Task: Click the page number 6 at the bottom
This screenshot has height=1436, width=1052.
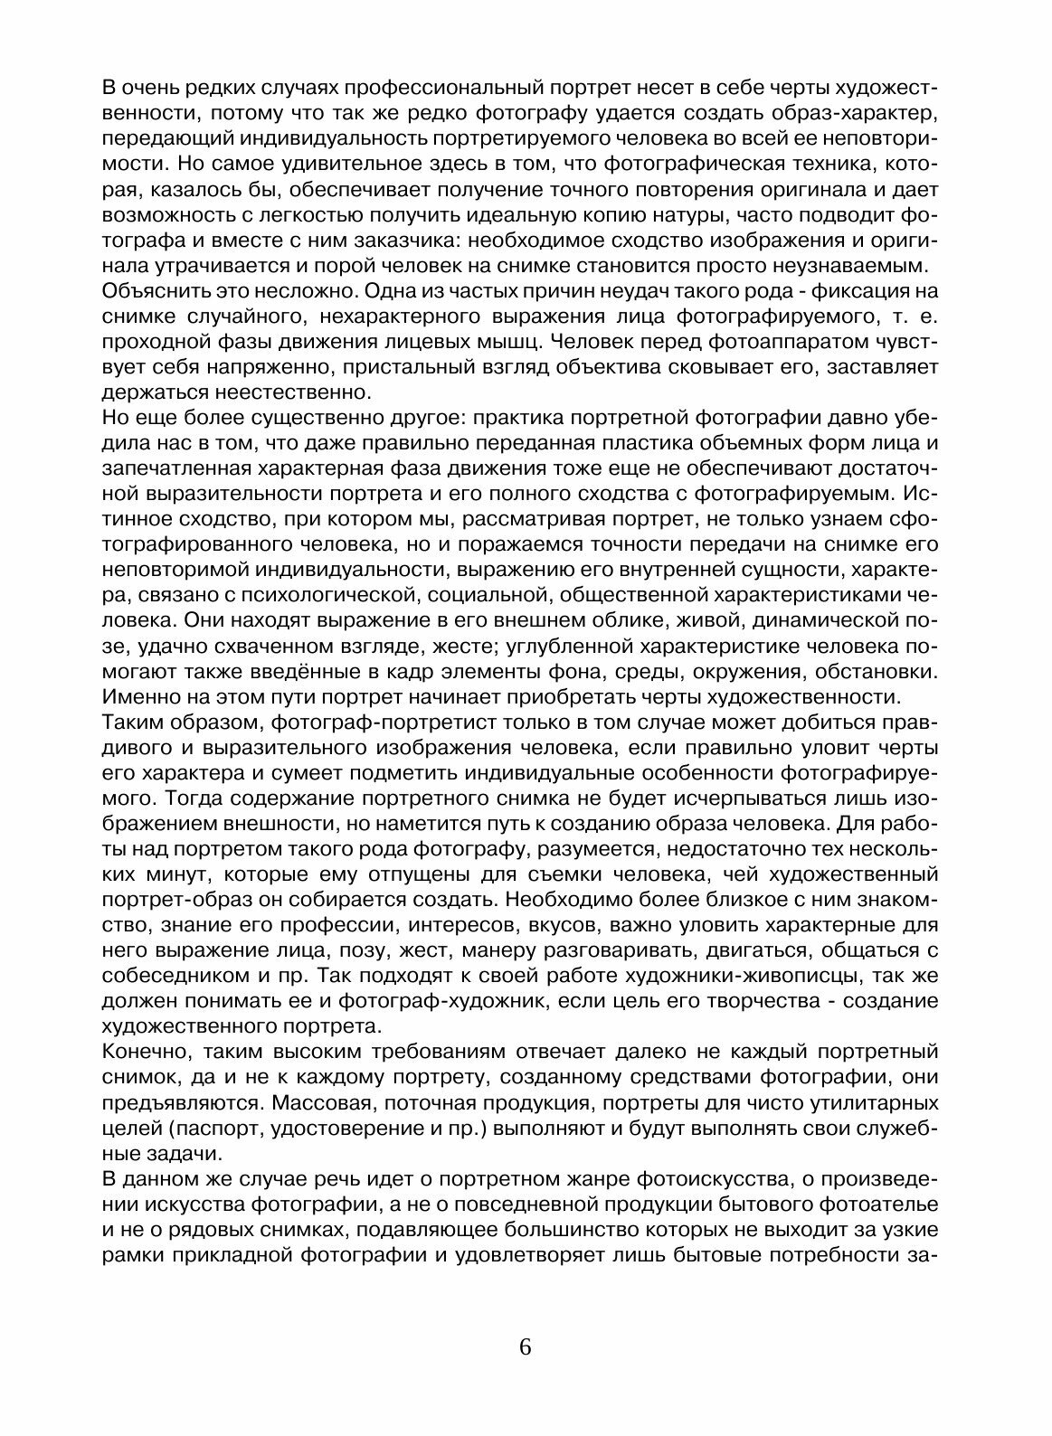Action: click(x=526, y=1346)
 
